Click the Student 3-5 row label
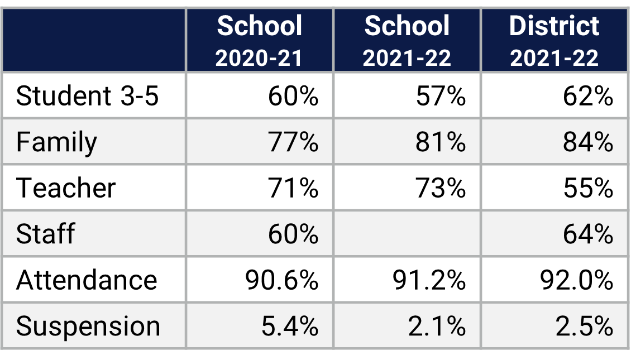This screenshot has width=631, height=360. coord(88,96)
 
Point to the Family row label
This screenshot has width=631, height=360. coord(56,142)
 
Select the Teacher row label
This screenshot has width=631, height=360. coord(66,188)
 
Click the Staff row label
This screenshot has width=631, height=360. coord(45,233)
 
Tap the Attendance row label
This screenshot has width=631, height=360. coord(87,279)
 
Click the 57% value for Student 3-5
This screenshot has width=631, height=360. coord(441,96)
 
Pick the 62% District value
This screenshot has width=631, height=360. coord(588,96)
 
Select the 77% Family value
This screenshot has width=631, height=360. coord(293,142)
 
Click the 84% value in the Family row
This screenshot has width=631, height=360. coord(588,142)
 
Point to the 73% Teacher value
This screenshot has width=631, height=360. coord(441,188)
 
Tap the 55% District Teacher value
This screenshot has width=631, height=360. coord(588,188)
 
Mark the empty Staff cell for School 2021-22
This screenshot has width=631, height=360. coord(407,233)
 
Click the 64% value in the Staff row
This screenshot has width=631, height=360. coord(588,233)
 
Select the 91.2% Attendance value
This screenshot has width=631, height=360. coord(429,279)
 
